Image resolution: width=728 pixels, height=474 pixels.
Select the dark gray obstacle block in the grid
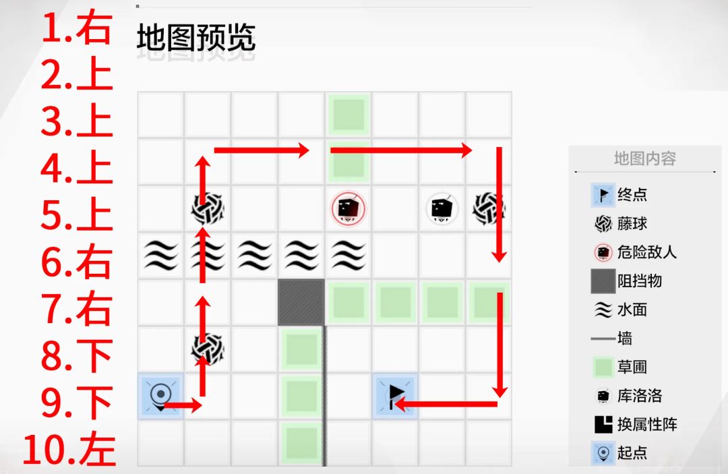pos(301,302)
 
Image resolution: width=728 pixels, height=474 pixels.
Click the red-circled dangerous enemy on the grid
pos(348,209)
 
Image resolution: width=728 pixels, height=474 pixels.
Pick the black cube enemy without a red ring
pos(442,209)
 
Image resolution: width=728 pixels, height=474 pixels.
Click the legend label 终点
pos(632,194)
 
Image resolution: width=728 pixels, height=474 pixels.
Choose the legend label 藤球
pos(632,223)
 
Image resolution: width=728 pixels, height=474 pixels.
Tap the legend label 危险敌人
pos(646,252)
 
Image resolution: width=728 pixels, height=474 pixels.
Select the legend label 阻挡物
pos(639,281)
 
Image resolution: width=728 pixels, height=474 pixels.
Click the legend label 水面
pos(632,309)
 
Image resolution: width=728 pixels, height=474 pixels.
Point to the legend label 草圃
pos(632,367)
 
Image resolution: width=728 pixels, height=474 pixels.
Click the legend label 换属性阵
pos(646,424)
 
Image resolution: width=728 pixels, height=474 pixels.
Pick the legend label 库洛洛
pos(639,396)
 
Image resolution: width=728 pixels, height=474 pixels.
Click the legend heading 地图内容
pos(644,158)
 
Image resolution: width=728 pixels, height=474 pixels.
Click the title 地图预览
pos(196,38)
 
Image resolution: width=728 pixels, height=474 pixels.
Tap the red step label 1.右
pos(77,28)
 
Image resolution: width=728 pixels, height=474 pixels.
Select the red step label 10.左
pos(69,450)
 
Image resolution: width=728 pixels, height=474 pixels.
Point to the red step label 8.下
pos(77,355)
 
